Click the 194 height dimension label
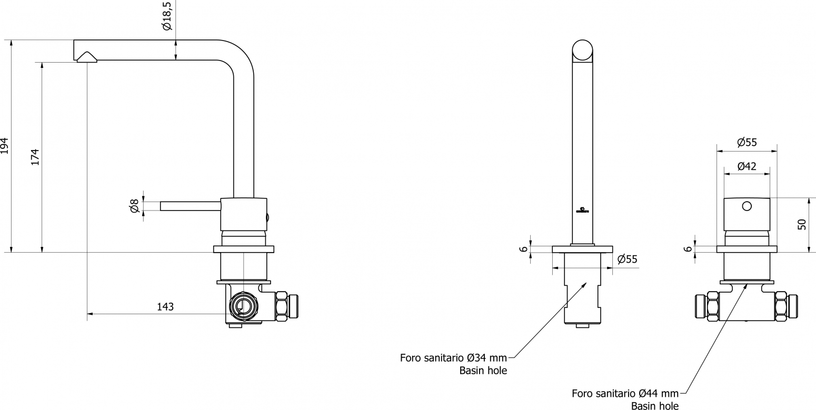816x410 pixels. pyautogui.click(x=4, y=146)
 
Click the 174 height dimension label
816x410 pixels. pyautogui.click(x=35, y=157)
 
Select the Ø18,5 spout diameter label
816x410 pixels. pyautogui.click(x=167, y=16)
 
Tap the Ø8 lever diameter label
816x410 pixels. pyautogui.click(x=134, y=206)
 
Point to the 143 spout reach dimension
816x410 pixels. pyautogui.click(x=165, y=307)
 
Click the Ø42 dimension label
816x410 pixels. pyautogui.click(x=747, y=166)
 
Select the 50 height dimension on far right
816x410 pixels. pyautogui.click(x=802, y=224)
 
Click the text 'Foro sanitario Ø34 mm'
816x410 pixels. pyautogui.click(x=453, y=357)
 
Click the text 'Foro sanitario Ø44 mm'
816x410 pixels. pyautogui.click(x=625, y=393)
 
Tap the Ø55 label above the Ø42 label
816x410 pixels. pyautogui.click(x=747, y=143)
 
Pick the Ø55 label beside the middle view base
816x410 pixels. pyautogui.click(x=628, y=259)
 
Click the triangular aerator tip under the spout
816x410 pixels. pyautogui.click(x=87, y=57)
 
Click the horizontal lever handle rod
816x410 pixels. pyautogui.click(x=191, y=206)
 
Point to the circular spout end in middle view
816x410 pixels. pyautogui.click(x=582, y=50)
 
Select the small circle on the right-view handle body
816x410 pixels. pyautogui.click(x=747, y=206)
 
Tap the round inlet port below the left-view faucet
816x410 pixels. pyautogui.click(x=244, y=305)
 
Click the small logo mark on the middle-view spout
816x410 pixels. pyautogui.click(x=582, y=210)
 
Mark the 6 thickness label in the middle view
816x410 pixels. pyautogui.click(x=523, y=249)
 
